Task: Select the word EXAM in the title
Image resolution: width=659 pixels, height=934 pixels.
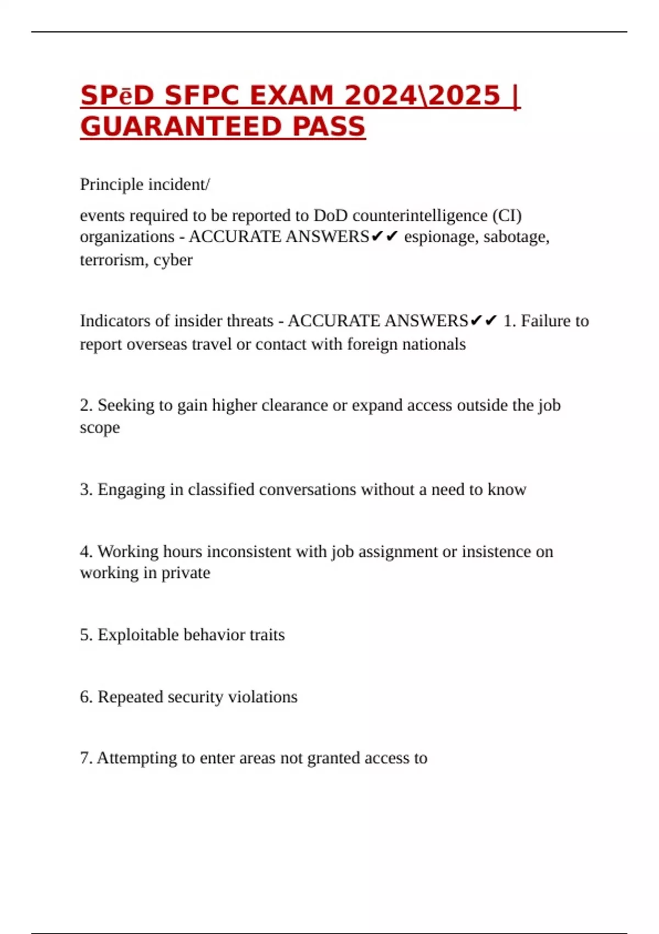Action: click(291, 96)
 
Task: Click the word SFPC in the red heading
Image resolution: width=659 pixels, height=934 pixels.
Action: click(202, 96)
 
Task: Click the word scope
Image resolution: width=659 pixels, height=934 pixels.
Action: click(99, 428)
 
